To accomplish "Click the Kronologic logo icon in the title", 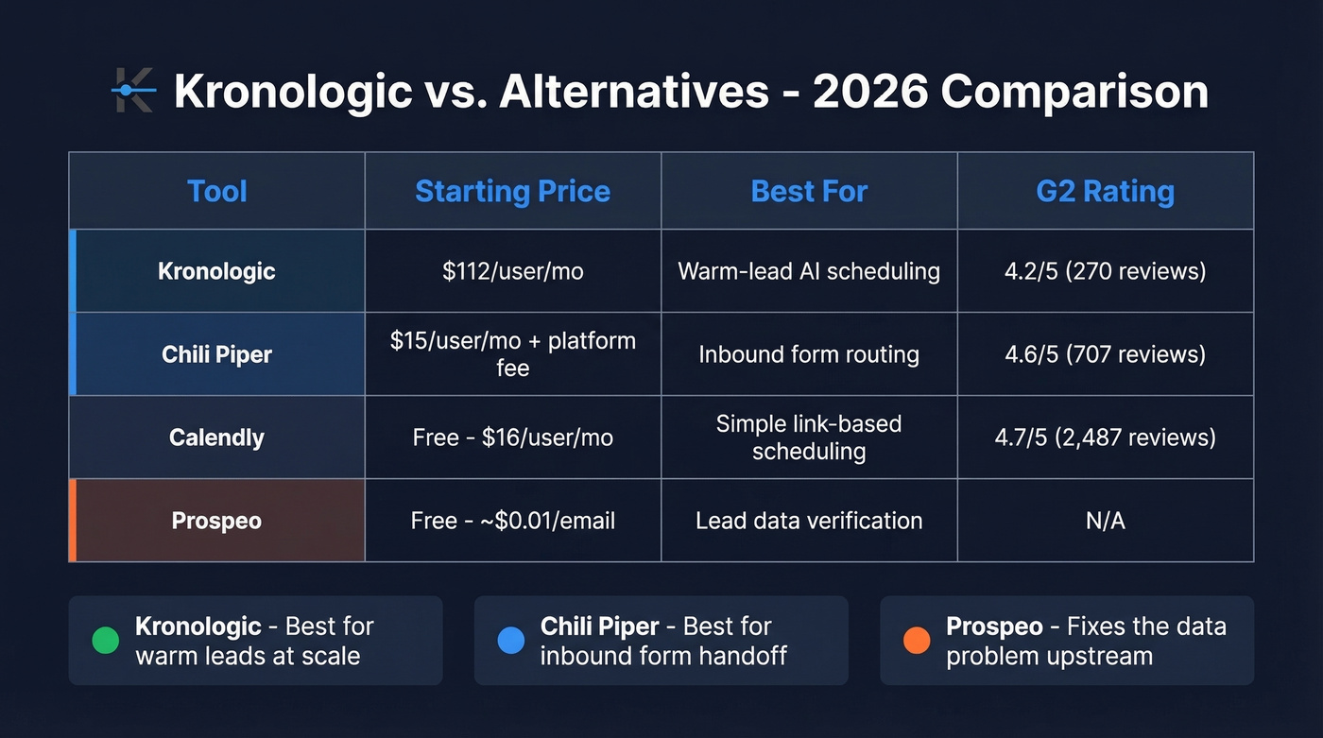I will coord(132,91).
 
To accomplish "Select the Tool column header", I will coord(216,191).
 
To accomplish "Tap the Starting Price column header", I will coord(512,191).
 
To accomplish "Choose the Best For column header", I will coord(809,191).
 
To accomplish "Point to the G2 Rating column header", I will coord(1105,191).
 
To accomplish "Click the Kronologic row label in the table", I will coord(216,271).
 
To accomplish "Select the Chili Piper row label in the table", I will coord(216,354).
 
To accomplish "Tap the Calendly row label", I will coord(216,438).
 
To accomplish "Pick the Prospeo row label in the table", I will coord(216,521).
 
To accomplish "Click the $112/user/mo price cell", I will coord(512,271).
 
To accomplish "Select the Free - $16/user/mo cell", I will coord(512,438).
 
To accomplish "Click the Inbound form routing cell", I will coord(809,354).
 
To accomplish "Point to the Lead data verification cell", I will coord(809,521).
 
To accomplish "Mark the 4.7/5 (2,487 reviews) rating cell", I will coord(1105,438).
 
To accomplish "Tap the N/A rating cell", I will coord(1105,521).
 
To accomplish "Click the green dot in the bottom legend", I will coord(105,641).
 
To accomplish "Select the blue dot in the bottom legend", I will coord(510,641).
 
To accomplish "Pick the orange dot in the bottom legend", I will coord(916,641).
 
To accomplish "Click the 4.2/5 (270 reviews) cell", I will coord(1105,271).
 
